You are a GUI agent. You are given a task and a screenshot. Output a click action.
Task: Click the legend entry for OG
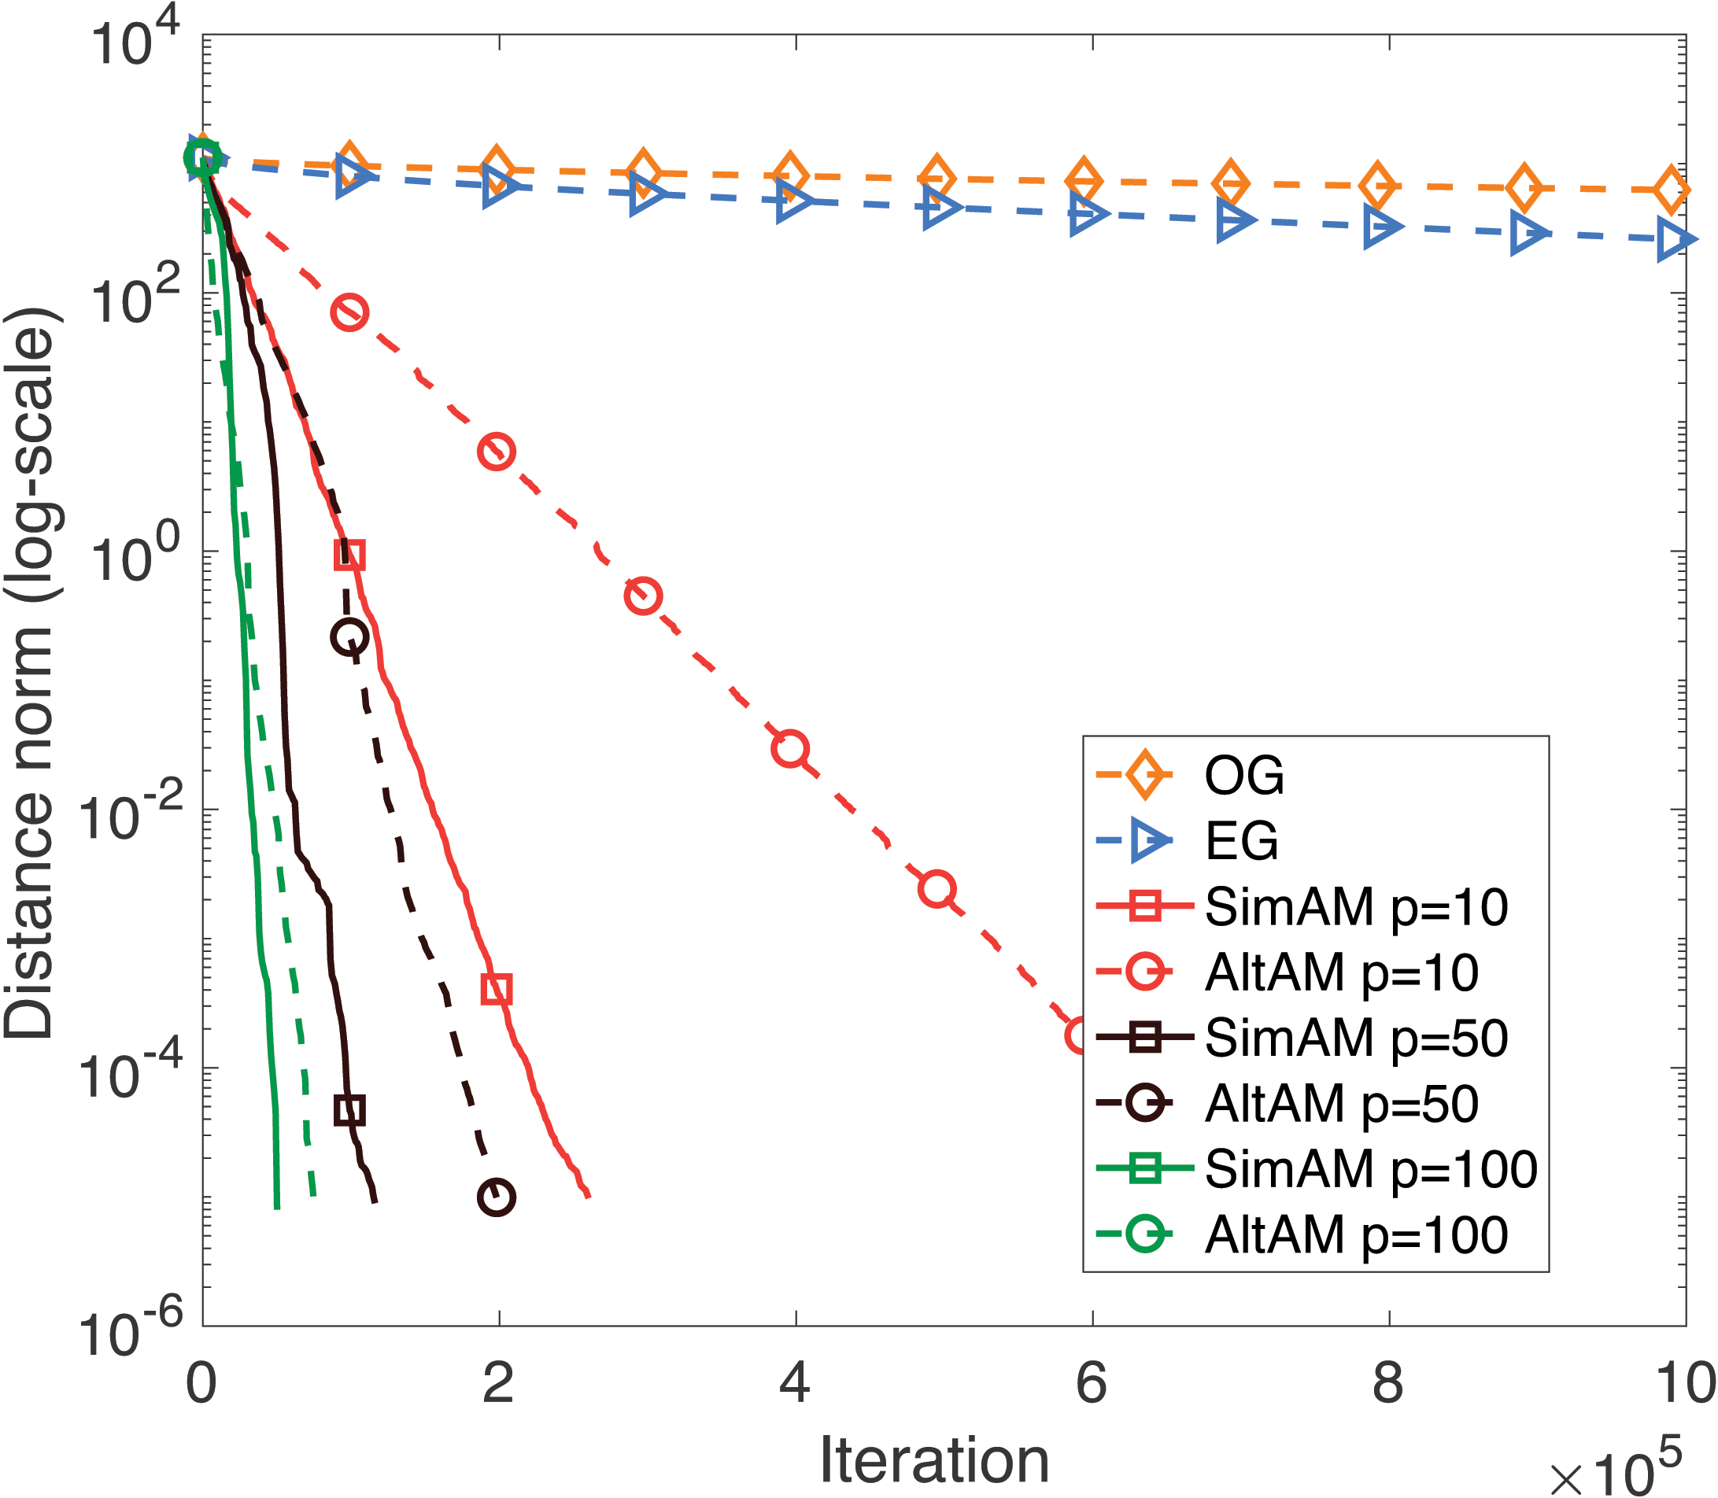(1243, 775)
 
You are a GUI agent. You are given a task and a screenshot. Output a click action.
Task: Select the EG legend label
(1240, 841)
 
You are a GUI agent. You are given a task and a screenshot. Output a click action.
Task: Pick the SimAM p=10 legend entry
(1355, 907)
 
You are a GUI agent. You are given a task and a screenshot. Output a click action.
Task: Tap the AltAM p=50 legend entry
(1340, 1105)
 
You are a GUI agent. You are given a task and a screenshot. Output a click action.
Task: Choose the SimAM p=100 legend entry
(1369, 1169)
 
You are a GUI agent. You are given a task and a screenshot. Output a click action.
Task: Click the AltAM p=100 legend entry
(1355, 1235)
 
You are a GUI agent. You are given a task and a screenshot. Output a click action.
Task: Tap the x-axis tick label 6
(1090, 1382)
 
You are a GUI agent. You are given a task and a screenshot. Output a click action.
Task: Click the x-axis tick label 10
(1685, 1382)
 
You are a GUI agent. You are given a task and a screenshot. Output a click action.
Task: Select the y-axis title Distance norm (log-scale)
(30, 673)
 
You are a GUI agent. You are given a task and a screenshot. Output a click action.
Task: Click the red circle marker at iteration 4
(790, 748)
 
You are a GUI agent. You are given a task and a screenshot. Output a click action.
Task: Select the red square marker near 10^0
(349, 554)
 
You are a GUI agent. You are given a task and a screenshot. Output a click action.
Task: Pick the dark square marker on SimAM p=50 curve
(349, 1110)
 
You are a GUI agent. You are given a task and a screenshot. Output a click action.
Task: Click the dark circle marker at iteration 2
(497, 1198)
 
